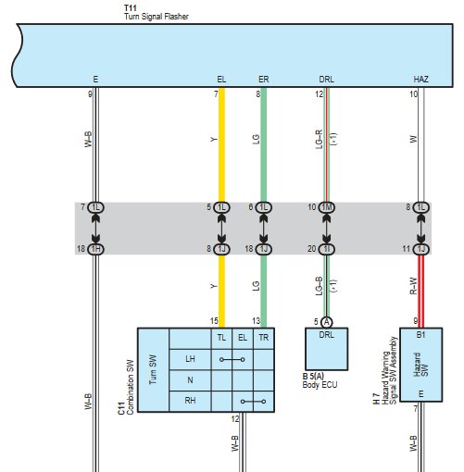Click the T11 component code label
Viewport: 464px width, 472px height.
131,7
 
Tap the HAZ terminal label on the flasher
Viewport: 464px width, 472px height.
420,80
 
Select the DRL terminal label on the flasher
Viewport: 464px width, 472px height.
326,80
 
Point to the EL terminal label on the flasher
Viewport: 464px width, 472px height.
221,80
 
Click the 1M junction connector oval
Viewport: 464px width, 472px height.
326,207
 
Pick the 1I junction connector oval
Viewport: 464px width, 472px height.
326,249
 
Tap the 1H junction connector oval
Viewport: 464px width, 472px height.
95,249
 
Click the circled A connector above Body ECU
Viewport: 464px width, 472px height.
326,322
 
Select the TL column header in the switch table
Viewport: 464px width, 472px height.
221,338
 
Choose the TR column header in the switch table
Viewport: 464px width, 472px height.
263,338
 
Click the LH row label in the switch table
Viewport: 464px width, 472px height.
190,359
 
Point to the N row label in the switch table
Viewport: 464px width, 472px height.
190,380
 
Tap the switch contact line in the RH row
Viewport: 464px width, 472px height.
253,402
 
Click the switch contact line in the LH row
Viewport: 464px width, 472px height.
232,359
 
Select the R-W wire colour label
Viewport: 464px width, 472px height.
413,286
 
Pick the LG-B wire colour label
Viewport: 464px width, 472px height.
320,286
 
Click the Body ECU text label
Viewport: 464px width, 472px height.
320,385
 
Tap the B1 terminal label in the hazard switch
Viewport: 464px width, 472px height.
420,335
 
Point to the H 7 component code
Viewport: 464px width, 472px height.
376,399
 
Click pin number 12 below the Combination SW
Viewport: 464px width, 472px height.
235,418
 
